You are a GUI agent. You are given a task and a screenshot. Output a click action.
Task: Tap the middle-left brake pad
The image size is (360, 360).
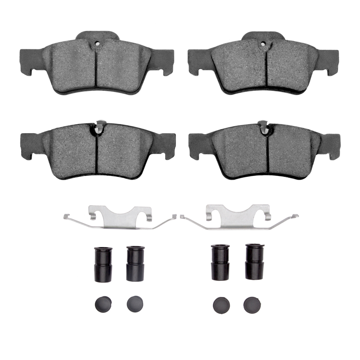pos(96,151)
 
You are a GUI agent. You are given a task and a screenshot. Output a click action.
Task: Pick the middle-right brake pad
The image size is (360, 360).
pos(265,151)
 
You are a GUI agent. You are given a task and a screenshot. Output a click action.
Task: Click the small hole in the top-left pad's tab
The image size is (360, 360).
pos(97,44)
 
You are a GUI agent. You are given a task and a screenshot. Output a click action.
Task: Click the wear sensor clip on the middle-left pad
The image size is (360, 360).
pos(101,126)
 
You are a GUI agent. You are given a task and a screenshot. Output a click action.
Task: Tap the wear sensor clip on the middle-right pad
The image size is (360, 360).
pos(263,126)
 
